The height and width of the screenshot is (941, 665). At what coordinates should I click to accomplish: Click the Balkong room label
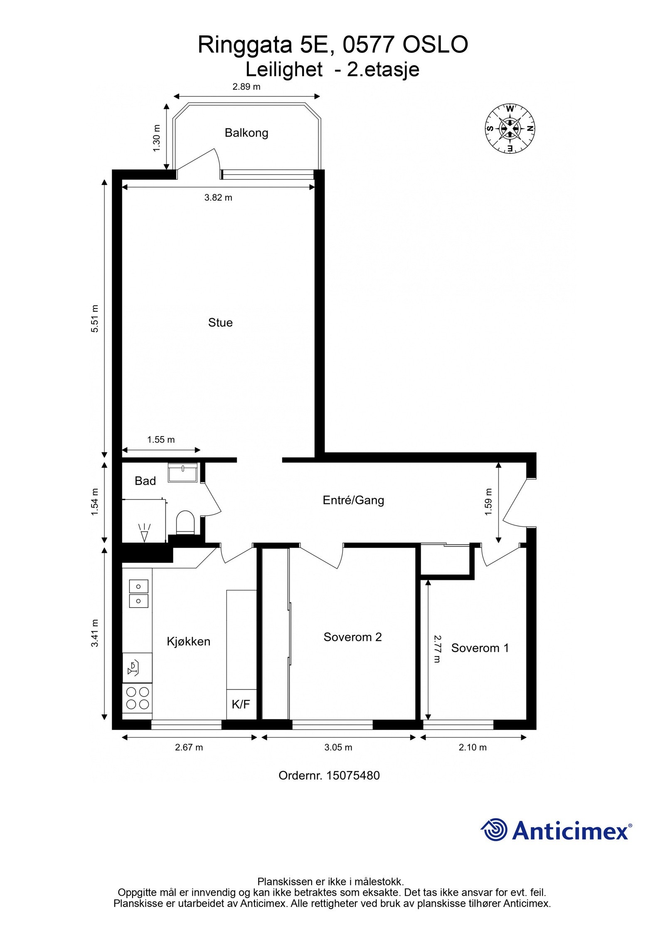pos(246,133)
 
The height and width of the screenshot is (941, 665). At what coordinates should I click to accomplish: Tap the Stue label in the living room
pos(220,323)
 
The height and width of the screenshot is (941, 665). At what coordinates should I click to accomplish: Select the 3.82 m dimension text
pos(218,198)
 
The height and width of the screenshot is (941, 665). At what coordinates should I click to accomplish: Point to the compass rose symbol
pos(510,128)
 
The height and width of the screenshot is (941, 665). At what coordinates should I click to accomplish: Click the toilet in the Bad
pos(185,522)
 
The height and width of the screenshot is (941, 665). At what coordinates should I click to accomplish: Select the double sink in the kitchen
pos(138,594)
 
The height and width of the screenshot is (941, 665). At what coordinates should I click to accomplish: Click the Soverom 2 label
pos(352,637)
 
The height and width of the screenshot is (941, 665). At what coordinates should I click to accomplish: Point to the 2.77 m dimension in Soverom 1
pos(436,649)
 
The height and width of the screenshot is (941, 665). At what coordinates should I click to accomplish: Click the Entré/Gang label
pos(353,500)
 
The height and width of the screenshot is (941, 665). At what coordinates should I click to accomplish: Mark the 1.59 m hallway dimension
pos(488,502)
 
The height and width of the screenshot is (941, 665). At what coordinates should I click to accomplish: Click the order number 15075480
pos(353,776)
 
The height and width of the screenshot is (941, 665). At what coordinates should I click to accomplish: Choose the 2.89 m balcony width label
pos(246,87)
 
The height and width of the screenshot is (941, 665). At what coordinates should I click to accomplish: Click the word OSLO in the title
pos(435,45)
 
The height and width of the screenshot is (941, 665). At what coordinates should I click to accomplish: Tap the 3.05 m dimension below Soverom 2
pos(338,747)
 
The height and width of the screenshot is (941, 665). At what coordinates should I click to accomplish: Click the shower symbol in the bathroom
pos(144,533)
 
